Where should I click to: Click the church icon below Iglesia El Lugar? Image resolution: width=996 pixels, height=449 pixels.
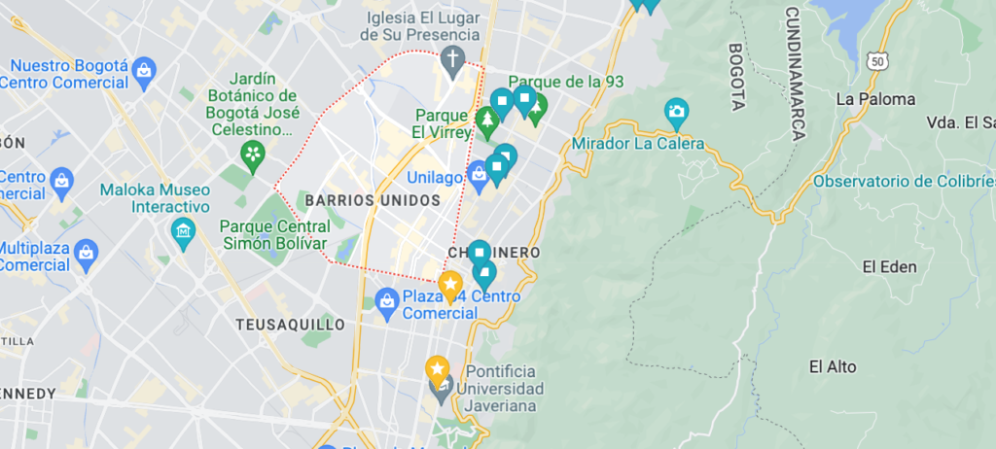tap(451, 60)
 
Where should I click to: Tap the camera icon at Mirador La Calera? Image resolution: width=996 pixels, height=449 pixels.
tap(675, 111)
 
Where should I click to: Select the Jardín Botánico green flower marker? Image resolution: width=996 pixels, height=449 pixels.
tap(253, 154)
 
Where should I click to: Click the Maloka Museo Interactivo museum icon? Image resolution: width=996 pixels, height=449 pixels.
tap(182, 231)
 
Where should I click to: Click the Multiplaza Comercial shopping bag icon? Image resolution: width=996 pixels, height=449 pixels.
tap(87, 255)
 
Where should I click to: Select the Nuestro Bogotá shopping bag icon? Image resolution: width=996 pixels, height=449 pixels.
tap(144, 71)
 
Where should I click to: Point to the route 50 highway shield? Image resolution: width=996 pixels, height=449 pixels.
tap(879, 60)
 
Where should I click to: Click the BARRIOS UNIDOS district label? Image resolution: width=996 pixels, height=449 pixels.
tap(373, 199)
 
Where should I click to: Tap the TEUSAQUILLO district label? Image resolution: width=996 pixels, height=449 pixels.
tap(291, 324)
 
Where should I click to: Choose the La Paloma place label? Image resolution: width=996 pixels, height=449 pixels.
tap(875, 99)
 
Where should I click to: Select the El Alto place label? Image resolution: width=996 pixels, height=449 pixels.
tap(833, 366)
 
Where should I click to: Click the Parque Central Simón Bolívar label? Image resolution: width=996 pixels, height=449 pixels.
tap(272, 234)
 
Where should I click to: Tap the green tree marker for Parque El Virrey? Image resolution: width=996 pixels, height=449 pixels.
tap(487, 121)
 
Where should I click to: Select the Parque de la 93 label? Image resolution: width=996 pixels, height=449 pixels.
tap(566, 82)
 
